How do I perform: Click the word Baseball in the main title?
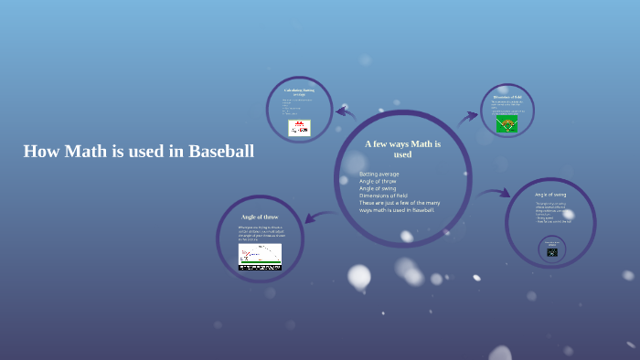[x=220, y=152]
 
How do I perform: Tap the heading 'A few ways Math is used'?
[x=402, y=149]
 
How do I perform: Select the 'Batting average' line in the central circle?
[x=379, y=174]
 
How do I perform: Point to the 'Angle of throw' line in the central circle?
[x=378, y=181]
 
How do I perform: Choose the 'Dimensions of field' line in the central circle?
[x=385, y=196]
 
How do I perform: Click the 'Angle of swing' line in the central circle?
[x=379, y=188]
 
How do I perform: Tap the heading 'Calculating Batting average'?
[x=299, y=92]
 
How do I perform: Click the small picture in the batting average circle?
[x=299, y=128]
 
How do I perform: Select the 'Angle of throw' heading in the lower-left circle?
[x=259, y=217]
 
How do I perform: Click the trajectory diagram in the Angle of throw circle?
[x=260, y=257]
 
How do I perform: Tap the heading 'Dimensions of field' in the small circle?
[x=507, y=96]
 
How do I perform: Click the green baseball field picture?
[x=507, y=124]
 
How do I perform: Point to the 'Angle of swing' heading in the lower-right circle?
[x=550, y=195]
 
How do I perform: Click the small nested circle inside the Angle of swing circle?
[x=551, y=249]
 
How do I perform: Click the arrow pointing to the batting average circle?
[x=345, y=112]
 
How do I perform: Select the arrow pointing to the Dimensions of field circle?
[x=468, y=116]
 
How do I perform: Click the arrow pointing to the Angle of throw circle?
[x=315, y=217]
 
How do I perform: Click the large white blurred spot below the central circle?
[x=359, y=276]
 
